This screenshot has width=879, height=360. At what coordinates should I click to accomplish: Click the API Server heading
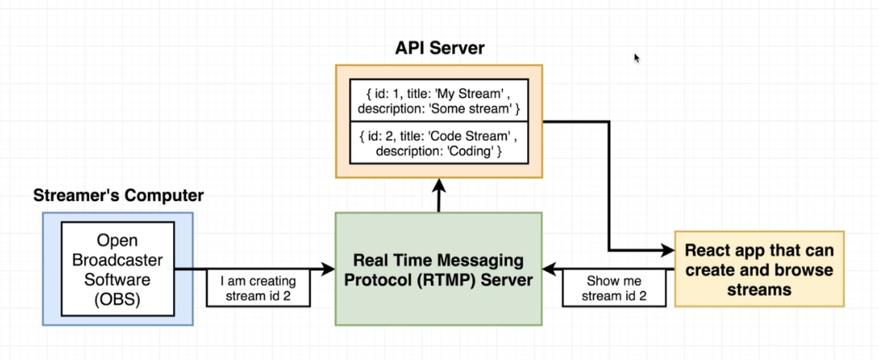click(x=439, y=48)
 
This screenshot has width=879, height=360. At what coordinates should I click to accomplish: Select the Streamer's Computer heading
click(x=118, y=195)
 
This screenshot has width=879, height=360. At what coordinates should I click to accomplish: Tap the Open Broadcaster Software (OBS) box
click(x=117, y=268)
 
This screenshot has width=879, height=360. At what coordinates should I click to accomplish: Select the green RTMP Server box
click(x=438, y=269)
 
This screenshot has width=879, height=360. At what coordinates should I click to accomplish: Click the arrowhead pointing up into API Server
click(x=439, y=184)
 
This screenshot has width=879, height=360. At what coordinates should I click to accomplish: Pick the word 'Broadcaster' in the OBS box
click(x=117, y=259)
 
